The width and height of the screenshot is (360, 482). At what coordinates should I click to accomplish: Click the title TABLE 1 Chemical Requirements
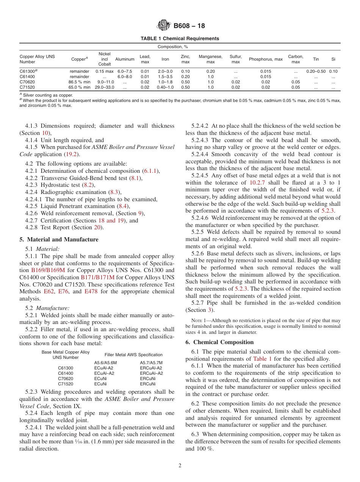click(180, 39)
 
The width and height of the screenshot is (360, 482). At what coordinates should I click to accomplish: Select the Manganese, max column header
click(210, 59)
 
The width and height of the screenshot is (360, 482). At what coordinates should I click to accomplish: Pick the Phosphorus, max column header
click(266, 59)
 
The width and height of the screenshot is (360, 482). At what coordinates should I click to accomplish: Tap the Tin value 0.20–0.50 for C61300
click(316, 71)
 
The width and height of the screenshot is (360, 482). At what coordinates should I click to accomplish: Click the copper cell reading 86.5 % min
click(80, 82)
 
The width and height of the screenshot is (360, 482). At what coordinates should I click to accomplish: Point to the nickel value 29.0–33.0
click(104, 87)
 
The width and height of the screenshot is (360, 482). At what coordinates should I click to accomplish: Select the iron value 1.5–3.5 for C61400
click(165, 77)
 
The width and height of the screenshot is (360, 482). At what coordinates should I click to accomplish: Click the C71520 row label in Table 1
click(28, 87)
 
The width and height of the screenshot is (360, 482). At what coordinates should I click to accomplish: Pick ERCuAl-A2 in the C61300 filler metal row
click(151, 368)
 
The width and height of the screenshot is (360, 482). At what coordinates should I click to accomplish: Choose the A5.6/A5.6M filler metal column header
click(105, 363)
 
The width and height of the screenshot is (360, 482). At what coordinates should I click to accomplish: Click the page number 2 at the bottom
click(180, 466)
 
